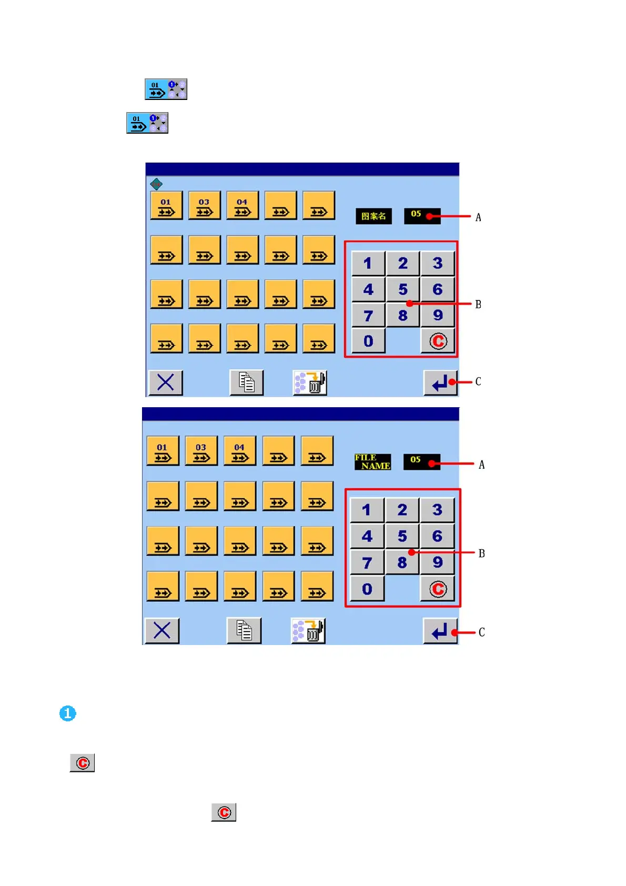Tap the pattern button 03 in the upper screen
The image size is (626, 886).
pos(204,206)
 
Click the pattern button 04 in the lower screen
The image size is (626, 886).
pos(239,451)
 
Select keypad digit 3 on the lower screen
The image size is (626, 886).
pos(437,509)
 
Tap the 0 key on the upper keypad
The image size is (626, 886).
pos(368,341)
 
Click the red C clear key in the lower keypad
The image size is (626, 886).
pos(437,589)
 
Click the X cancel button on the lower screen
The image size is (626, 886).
pos(161,630)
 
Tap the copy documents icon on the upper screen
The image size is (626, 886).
pos(246,382)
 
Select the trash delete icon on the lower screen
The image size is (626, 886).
pos(308,630)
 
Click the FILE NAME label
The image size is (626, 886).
pos(372,462)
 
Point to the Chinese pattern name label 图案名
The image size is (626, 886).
pos(373,216)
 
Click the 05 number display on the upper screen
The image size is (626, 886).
pos(422,215)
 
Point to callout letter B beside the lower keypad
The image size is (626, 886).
pos(481,553)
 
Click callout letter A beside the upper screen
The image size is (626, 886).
pos(478,217)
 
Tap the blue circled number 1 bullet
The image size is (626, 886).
pos(68,713)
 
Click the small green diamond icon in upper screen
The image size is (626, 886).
pos(156,184)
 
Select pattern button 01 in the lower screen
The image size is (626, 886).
pos(162,451)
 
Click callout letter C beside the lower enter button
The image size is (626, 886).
pos(481,632)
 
